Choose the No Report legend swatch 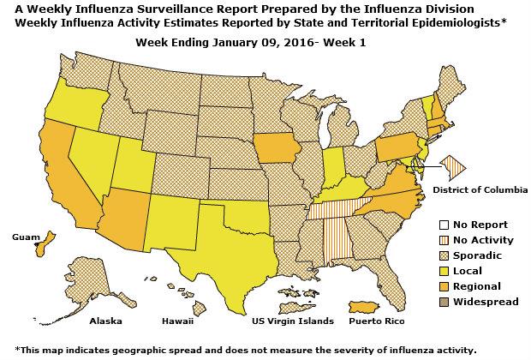[435, 225]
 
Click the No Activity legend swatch [435, 240]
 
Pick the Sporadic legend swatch [435, 255]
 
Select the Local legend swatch [435, 271]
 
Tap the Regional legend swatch [435, 286]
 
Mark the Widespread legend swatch [435, 302]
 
